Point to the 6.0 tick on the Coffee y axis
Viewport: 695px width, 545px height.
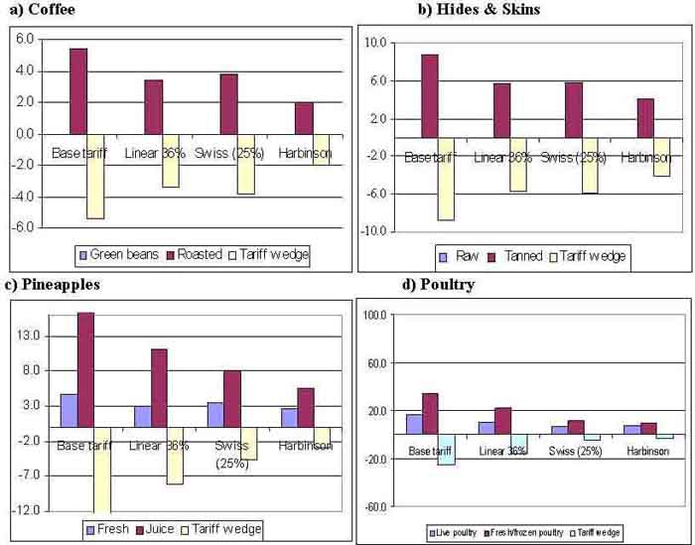23,39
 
